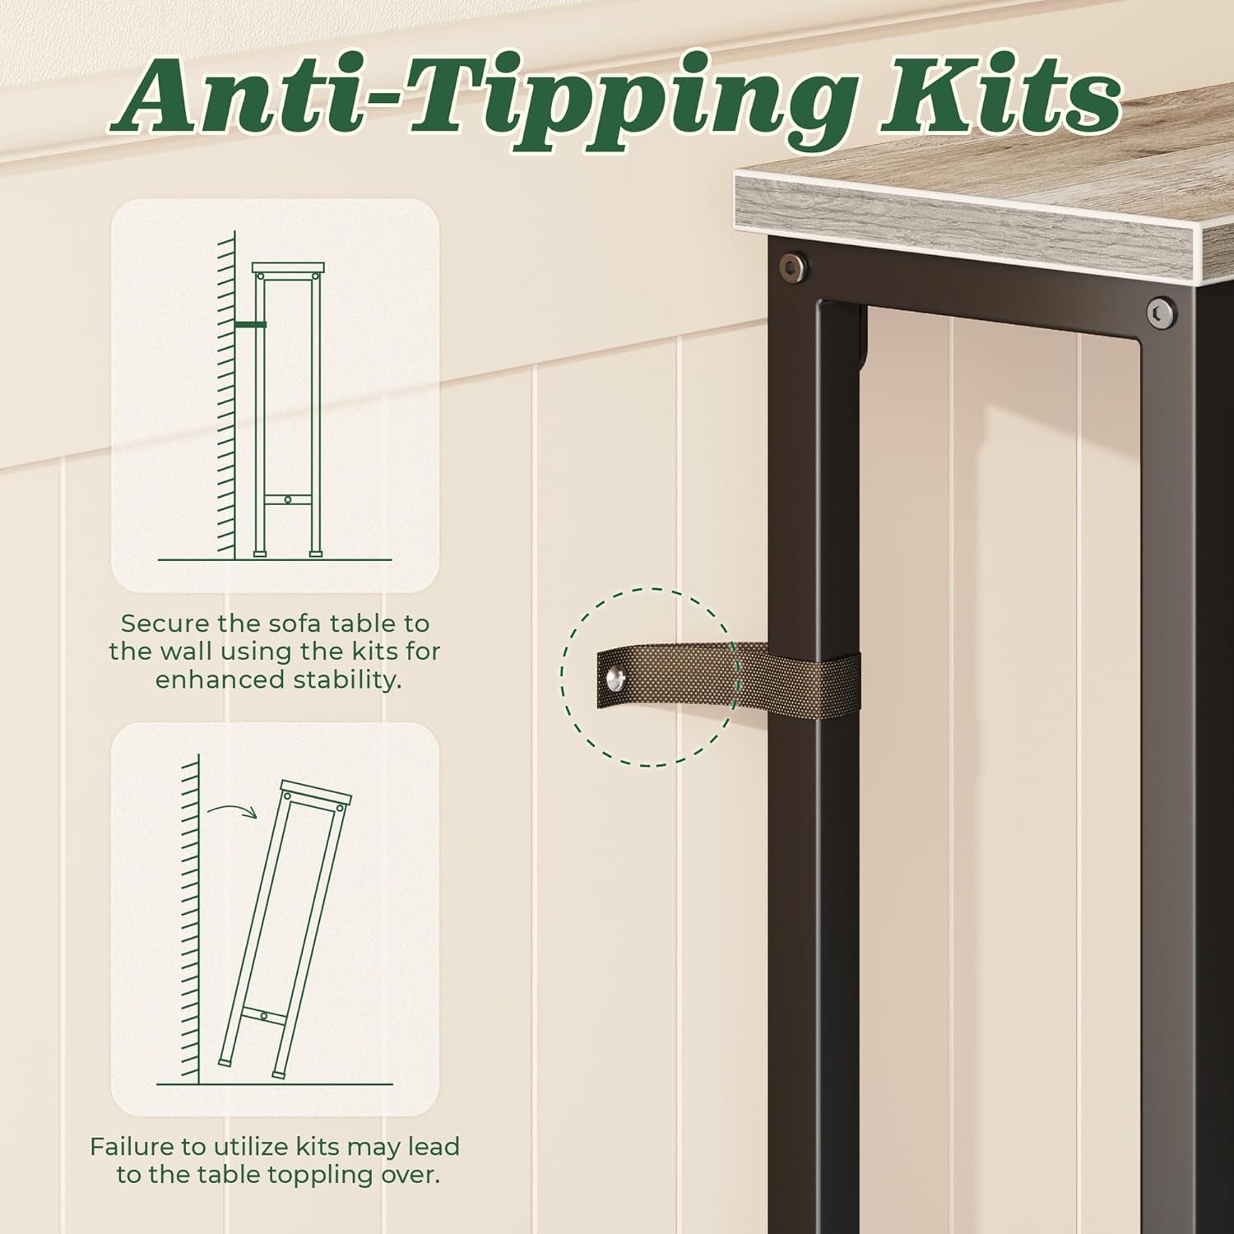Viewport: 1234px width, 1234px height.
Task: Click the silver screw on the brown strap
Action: (615, 678)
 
